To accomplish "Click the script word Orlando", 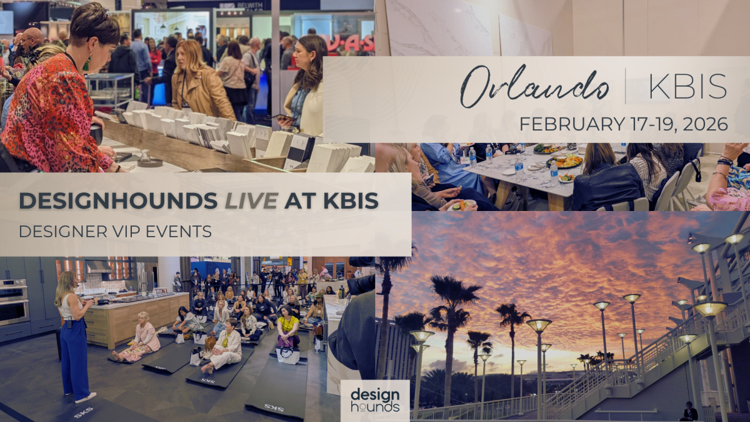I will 534,87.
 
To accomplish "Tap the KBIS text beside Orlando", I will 687,86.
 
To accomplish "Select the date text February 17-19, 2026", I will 623,124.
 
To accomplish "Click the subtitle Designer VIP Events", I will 115,231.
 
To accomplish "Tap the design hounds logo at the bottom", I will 375,400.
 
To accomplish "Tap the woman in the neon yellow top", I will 288,328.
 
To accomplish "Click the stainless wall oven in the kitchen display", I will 14,302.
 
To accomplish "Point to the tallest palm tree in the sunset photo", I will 453,312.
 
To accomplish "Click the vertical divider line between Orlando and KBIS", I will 626,86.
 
